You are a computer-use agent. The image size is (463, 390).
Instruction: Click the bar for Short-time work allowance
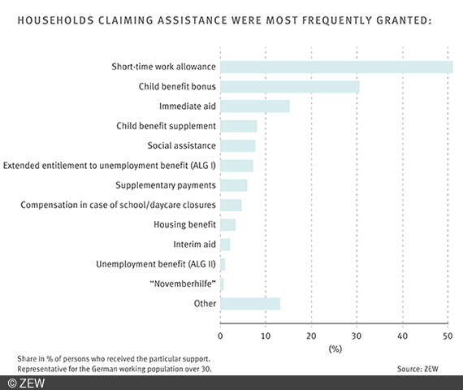[336, 67]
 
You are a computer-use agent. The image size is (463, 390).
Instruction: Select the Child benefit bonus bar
[289, 86]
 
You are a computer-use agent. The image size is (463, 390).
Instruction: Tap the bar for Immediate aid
[254, 106]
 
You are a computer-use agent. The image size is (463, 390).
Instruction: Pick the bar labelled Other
[250, 304]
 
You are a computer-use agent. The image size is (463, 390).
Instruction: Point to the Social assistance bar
[238, 145]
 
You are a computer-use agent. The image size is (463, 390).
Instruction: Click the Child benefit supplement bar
[239, 126]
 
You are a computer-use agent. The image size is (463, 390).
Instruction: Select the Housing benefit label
[185, 224]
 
